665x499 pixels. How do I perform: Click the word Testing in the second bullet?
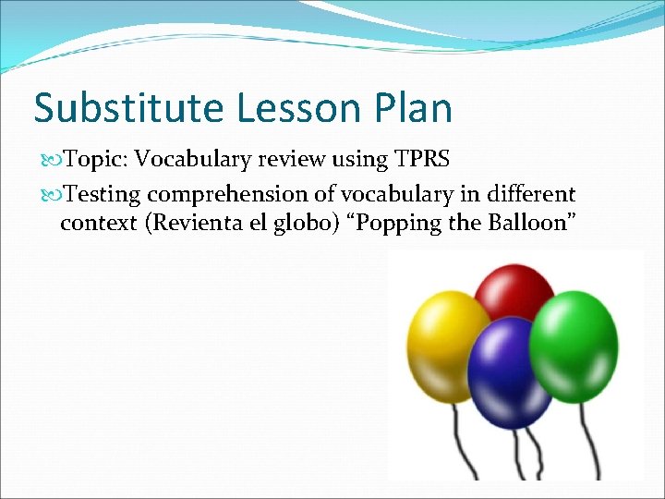103,194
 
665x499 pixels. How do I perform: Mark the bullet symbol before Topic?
51,160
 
